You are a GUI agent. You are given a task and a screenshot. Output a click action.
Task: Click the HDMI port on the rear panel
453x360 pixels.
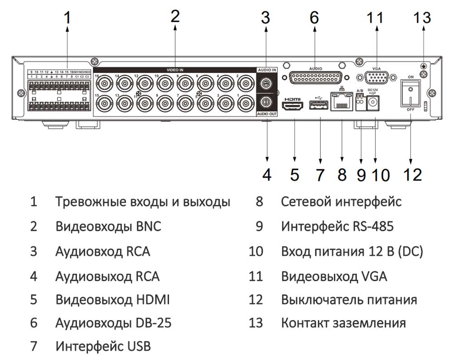coord(294,107)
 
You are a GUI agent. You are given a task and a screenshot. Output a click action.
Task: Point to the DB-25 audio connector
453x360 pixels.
coord(315,78)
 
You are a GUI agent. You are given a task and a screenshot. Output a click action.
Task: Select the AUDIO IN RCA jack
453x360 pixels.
coord(266,83)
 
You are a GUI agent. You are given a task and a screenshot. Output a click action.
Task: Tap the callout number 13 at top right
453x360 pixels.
coord(422,18)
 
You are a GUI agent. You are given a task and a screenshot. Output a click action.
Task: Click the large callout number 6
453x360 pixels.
coord(314,18)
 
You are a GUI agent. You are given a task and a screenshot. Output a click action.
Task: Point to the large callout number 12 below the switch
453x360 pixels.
coord(412,175)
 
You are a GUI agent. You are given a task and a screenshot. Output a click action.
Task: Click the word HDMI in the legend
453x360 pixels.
coord(154,299)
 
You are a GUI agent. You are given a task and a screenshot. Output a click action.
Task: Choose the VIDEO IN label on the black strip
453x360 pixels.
coord(175,70)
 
